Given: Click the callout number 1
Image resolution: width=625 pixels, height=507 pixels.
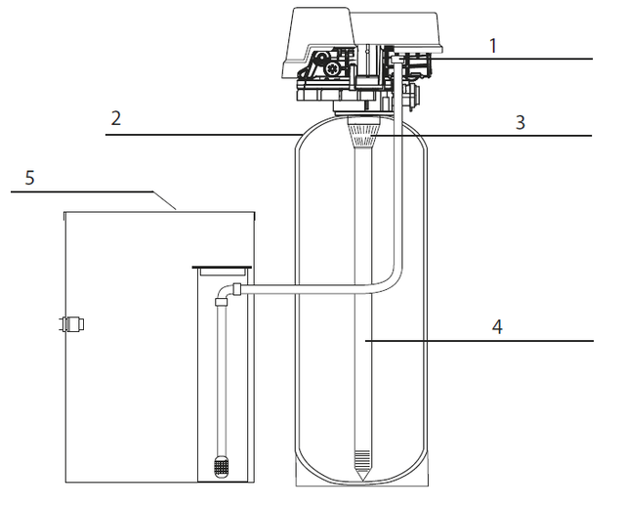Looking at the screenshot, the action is pyautogui.click(x=493, y=46).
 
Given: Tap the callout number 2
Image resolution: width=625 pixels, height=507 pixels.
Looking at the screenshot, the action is pyautogui.click(x=116, y=118).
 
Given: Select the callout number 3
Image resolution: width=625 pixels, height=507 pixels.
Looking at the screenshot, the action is pyautogui.click(x=521, y=122).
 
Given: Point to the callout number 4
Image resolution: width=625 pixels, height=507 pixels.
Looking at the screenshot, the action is pyautogui.click(x=497, y=327).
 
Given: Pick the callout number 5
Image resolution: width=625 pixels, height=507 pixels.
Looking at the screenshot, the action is pyautogui.click(x=30, y=178).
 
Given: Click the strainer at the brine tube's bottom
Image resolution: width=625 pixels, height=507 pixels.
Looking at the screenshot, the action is pyautogui.click(x=221, y=467).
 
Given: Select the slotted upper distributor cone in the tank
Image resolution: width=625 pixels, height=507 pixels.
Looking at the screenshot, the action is pyautogui.click(x=362, y=132).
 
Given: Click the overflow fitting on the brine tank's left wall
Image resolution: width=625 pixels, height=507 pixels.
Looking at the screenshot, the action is pyautogui.click(x=71, y=323).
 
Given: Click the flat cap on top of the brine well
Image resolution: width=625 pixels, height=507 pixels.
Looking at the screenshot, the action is pyautogui.click(x=222, y=267).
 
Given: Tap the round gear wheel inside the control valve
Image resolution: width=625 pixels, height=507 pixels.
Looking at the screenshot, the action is pyautogui.click(x=332, y=69).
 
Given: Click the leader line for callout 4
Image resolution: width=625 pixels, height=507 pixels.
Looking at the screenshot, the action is pyautogui.click(x=479, y=341).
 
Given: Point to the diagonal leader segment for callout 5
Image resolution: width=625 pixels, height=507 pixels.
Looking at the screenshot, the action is pyautogui.click(x=165, y=200).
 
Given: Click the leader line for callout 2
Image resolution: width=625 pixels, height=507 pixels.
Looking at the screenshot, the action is pyautogui.click(x=203, y=135).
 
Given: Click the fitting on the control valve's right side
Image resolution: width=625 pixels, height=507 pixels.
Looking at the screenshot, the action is pyautogui.click(x=413, y=95).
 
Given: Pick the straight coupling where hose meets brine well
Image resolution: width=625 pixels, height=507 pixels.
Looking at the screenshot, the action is pyautogui.click(x=237, y=289).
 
